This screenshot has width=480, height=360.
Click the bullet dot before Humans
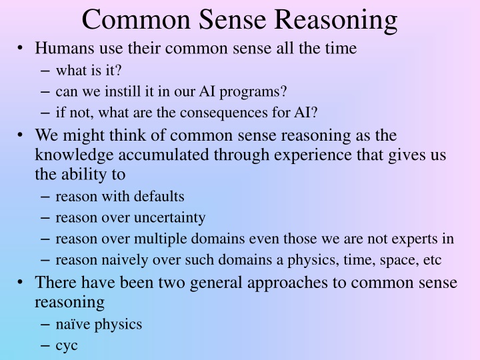pos(22,49)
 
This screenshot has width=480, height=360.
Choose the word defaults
pos(159,196)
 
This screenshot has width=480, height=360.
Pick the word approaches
pos(286,283)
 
